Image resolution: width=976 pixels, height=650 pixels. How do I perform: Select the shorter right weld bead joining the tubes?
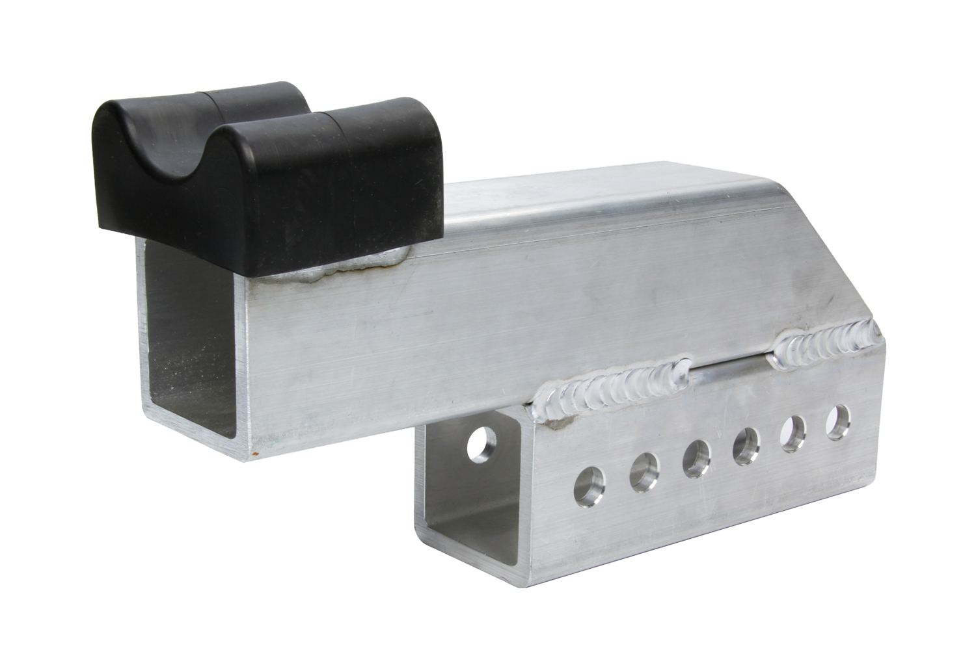pos(826,338)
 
